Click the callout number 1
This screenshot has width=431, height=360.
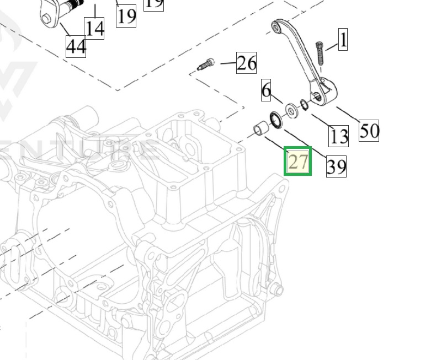(x=343, y=40)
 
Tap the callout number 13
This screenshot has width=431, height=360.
(x=339, y=135)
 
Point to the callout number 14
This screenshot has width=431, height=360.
(x=94, y=27)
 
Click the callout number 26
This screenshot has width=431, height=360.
(x=246, y=63)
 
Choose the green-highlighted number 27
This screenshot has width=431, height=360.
(x=298, y=161)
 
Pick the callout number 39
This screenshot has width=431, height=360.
(x=336, y=165)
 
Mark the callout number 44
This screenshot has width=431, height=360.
(x=76, y=46)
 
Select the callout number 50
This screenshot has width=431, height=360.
(x=369, y=130)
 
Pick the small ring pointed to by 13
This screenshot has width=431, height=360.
(x=304, y=104)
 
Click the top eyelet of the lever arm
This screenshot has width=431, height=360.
(x=277, y=25)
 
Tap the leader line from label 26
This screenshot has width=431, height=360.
(x=227, y=63)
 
